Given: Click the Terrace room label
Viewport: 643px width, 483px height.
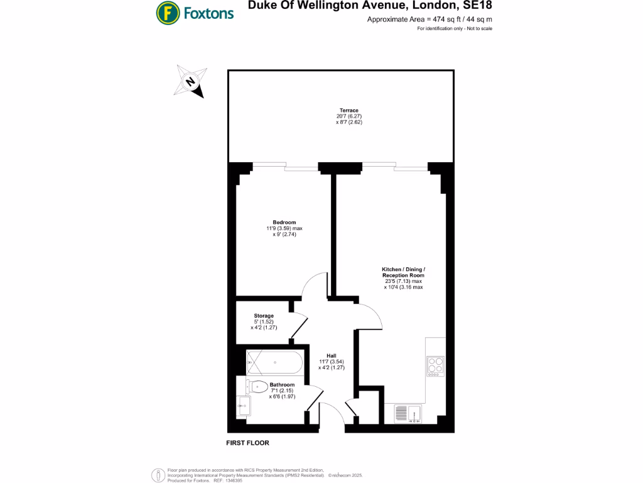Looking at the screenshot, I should (x=349, y=111).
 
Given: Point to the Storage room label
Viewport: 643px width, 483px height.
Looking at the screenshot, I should (x=264, y=316).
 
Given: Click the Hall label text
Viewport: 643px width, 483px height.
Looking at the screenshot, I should (x=332, y=355).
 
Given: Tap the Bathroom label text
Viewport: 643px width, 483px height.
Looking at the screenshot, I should (x=282, y=385).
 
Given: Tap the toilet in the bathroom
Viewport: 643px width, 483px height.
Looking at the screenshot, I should (x=256, y=386).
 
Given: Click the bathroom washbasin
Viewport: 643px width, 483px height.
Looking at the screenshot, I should (x=243, y=407).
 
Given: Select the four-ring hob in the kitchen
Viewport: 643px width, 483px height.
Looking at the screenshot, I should (x=435, y=366).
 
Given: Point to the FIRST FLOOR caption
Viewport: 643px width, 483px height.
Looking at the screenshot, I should (x=247, y=443).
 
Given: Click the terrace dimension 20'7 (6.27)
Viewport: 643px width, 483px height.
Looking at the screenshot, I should (x=349, y=116).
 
